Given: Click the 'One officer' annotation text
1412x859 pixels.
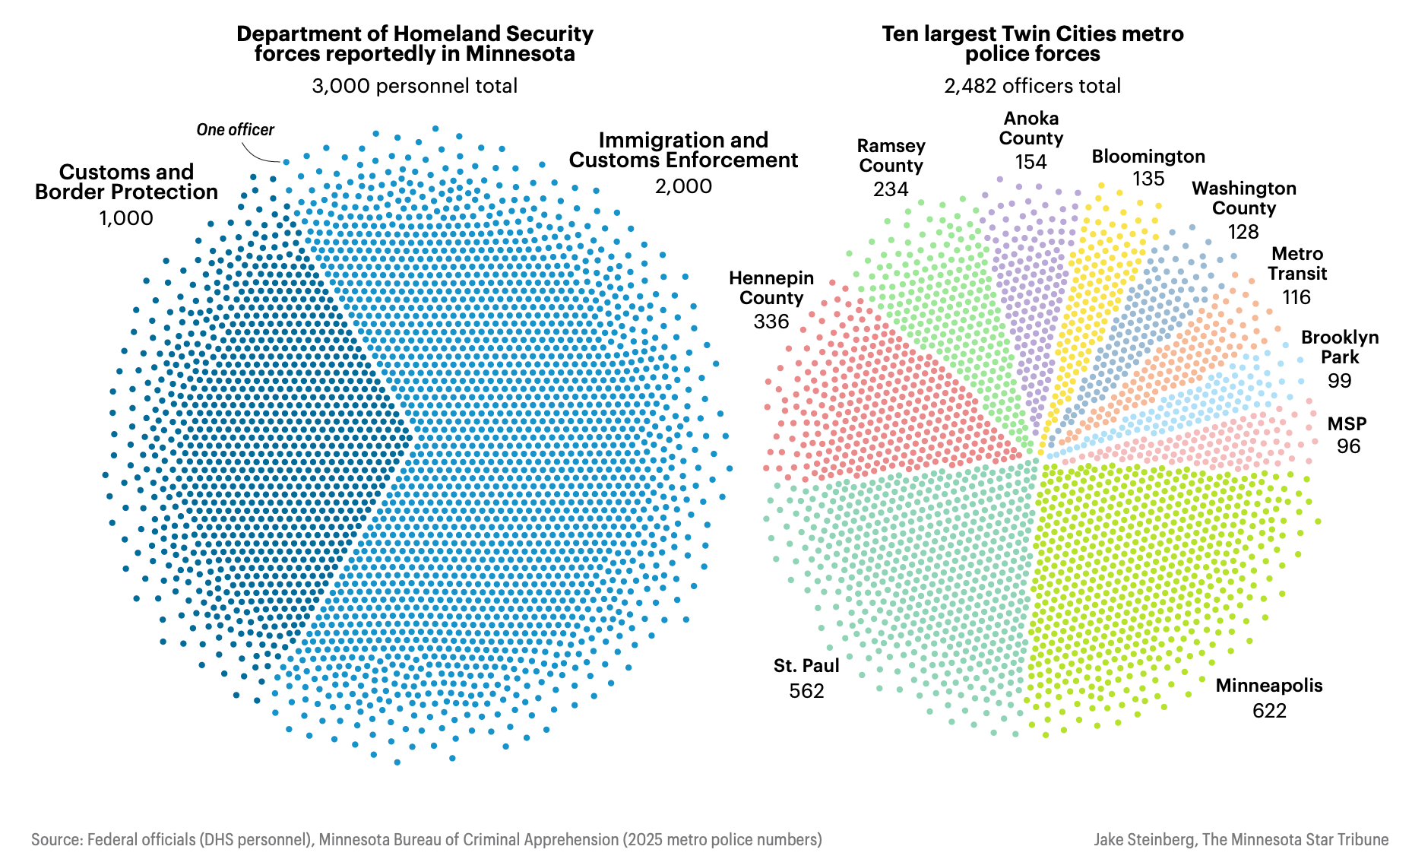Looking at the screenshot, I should (x=235, y=130).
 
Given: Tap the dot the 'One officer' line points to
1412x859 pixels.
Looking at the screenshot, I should (x=287, y=162).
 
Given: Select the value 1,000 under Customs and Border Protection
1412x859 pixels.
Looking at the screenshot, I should (x=126, y=218).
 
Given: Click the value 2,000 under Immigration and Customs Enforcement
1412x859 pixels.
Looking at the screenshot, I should (x=683, y=186).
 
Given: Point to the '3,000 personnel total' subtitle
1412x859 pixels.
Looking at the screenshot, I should (x=414, y=86).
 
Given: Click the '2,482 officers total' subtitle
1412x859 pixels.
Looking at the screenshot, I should (x=1032, y=86).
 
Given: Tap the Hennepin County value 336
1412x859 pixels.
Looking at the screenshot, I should (x=771, y=322).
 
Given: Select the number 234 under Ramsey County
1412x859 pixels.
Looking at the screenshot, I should (x=891, y=189).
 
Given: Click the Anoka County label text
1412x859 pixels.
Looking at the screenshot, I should (x=1031, y=128).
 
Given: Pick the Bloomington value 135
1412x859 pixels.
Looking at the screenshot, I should (x=1148, y=179).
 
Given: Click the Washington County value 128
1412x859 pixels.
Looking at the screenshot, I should (x=1243, y=232).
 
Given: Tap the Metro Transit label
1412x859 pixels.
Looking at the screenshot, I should (x=1296, y=264).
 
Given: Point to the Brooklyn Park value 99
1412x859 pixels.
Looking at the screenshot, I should (x=1339, y=381).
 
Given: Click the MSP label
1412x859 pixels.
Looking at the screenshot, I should (x=1347, y=424).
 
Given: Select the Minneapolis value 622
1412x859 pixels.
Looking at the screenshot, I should (x=1269, y=711).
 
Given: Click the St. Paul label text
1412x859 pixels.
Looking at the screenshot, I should (x=806, y=666).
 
